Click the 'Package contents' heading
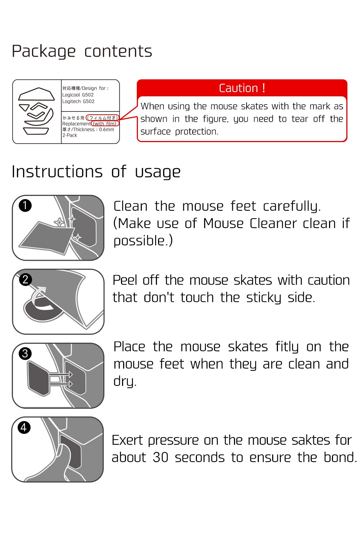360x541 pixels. coord(82,52)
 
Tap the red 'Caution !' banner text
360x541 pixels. coord(242,88)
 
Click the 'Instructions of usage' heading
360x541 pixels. coord(96,172)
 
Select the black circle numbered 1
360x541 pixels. coord(25,206)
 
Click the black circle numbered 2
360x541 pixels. coord(25,280)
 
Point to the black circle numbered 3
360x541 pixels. coord(25,353)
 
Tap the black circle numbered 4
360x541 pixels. coord(24,427)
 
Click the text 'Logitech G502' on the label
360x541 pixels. coord(78,101)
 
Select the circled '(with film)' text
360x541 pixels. coord(105,124)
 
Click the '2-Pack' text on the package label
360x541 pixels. coord(69,135)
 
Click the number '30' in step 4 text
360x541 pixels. coord(161,457)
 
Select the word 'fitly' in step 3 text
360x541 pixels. coord(287,347)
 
